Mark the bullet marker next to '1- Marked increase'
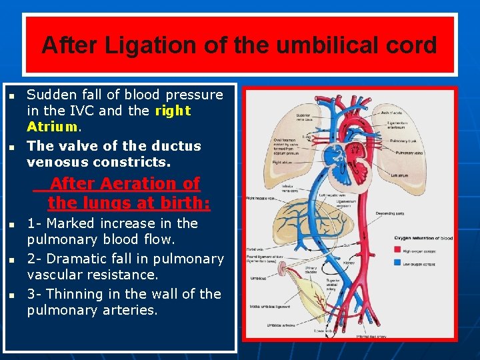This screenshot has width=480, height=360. coord(11,224)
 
